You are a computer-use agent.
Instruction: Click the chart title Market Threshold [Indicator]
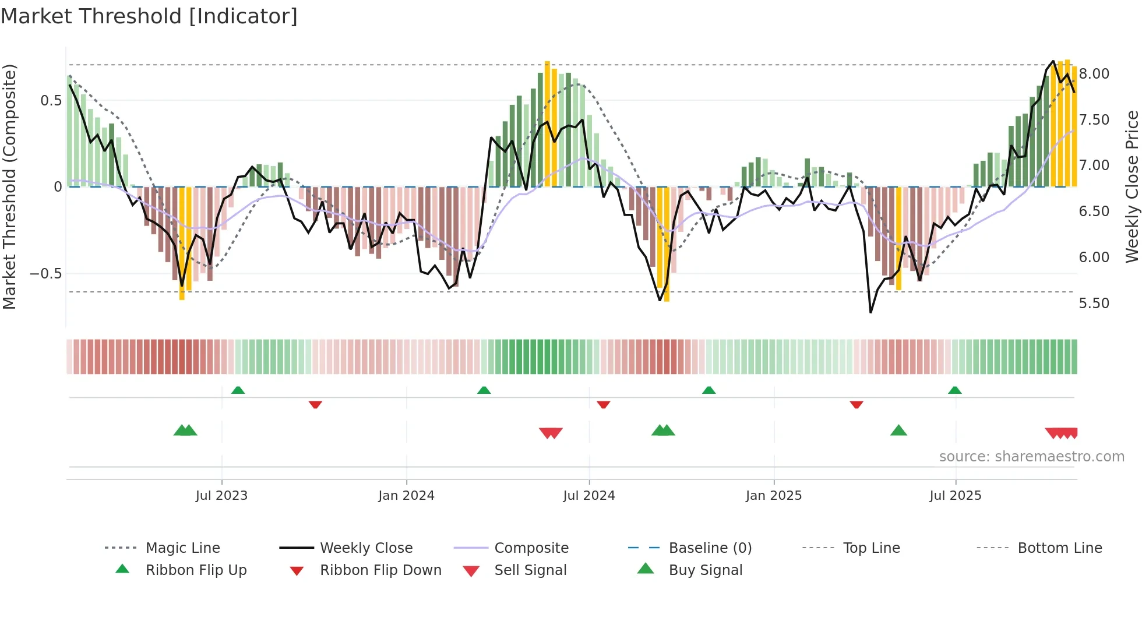(149, 16)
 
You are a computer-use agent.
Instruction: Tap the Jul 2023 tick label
(221, 496)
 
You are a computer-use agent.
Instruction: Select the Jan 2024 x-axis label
(406, 496)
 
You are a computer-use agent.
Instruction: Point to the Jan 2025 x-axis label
(774, 496)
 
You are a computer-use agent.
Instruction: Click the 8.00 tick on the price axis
(1094, 74)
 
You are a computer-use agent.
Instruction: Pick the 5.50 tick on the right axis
(1094, 304)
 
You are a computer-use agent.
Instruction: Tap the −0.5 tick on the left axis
(46, 274)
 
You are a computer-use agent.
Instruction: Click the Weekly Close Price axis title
(1132, 186)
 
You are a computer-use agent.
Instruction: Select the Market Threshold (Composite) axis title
(9, 186)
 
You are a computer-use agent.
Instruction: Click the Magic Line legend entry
(182, 548)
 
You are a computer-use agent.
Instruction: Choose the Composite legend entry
(531, 548)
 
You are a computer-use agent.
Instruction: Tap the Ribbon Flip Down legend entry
(380, 570)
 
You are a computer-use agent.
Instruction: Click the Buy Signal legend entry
(705, 570)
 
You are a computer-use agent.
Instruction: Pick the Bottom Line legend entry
(1059, 548)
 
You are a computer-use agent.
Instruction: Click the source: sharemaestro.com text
(1031, 457)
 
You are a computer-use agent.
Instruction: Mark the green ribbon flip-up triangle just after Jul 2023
(238, 390)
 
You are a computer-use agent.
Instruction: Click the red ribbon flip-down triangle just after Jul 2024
(604, 404)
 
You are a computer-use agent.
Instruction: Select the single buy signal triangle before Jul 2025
(898, 431)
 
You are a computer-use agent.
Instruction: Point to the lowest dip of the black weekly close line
(870, 312)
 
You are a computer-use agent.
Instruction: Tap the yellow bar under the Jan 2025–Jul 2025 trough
(898, 239)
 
